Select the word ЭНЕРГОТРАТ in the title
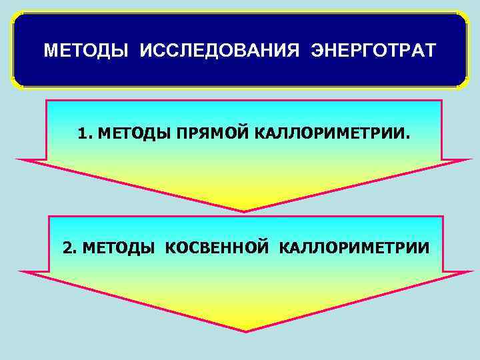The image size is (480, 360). pos(373,51)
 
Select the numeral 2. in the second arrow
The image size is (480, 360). pos(70,248)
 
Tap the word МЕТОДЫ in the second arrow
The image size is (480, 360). pos(118,248)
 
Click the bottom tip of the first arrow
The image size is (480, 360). pos(244,211)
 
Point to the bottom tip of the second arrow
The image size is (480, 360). pos(245,331)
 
